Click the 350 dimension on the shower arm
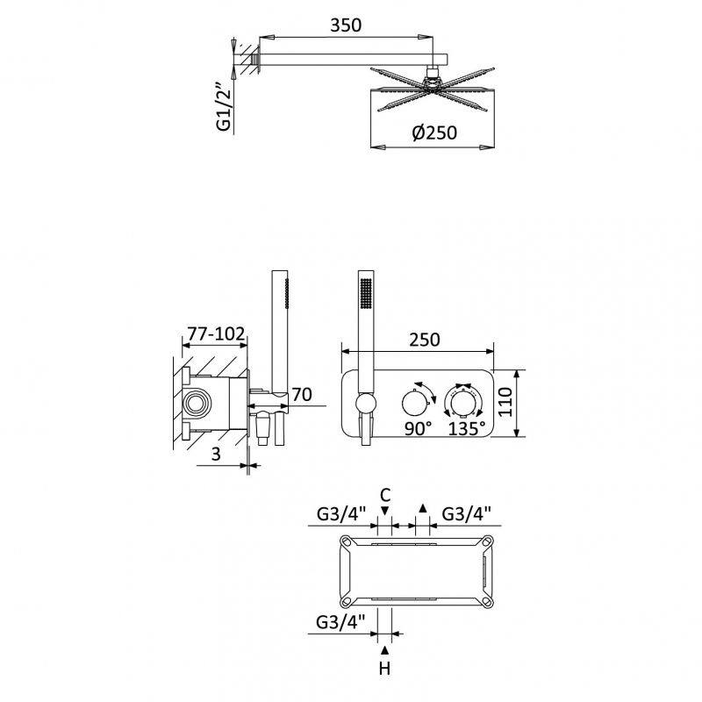[x=346, y=25]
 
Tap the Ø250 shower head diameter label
[x=434, y=133]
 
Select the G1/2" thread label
[x=224, y=106]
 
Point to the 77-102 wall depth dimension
[x=216, y=334]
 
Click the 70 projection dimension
[x=302, y=395]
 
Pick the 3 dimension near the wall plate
[x=216, y=454]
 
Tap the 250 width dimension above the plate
[x=425, y=340]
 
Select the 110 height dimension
[x=505, y=403]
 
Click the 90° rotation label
[x=419, y=428]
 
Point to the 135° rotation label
[x=467, y=428]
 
